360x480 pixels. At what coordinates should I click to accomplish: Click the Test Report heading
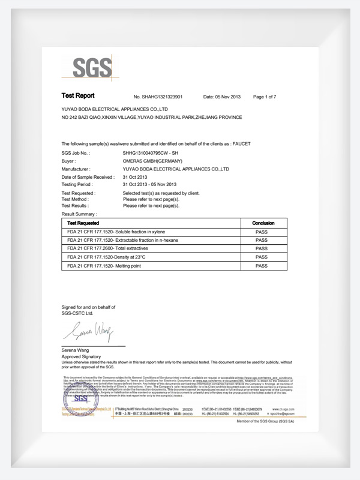[78, 96]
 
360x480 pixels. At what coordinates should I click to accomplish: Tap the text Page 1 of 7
[265, 97]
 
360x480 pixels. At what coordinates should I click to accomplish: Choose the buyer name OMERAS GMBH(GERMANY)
[148, 162]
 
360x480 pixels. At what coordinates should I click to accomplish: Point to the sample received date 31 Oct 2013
[134, 178]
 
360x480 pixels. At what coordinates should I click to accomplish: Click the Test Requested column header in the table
[85, 223]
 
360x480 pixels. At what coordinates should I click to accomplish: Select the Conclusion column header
[263, 223]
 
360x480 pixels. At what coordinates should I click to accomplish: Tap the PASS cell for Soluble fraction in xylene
[262, 232]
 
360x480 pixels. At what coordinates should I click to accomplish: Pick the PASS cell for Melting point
[262, 265]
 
